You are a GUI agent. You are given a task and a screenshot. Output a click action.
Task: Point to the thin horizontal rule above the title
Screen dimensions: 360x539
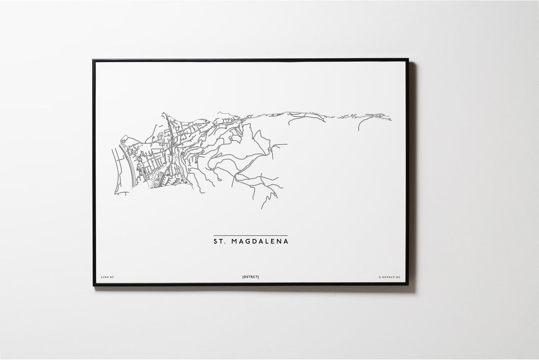click(250, 236)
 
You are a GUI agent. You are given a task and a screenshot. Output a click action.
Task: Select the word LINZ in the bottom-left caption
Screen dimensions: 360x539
click(103, 277)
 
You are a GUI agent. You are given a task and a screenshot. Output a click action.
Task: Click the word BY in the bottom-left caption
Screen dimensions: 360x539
click(111, 277)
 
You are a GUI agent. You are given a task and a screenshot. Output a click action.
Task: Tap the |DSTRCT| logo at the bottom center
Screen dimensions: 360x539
click(250, 277)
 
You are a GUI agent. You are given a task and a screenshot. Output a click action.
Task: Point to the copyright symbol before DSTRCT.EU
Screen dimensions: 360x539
click(379, 277)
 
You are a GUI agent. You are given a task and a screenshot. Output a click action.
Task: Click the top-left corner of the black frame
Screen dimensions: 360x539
click(93, 60)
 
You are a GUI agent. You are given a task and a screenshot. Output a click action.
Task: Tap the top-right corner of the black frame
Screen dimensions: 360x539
click(408, 60)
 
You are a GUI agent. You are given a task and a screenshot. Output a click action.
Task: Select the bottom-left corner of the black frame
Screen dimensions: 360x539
click(93, 285)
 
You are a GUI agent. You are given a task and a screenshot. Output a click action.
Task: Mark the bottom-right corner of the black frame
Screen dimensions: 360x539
click(408, 285)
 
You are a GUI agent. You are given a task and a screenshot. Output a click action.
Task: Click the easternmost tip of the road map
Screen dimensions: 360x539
click(391, 118)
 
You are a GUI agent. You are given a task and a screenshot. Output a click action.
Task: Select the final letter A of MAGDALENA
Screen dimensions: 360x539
click(286, 241)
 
